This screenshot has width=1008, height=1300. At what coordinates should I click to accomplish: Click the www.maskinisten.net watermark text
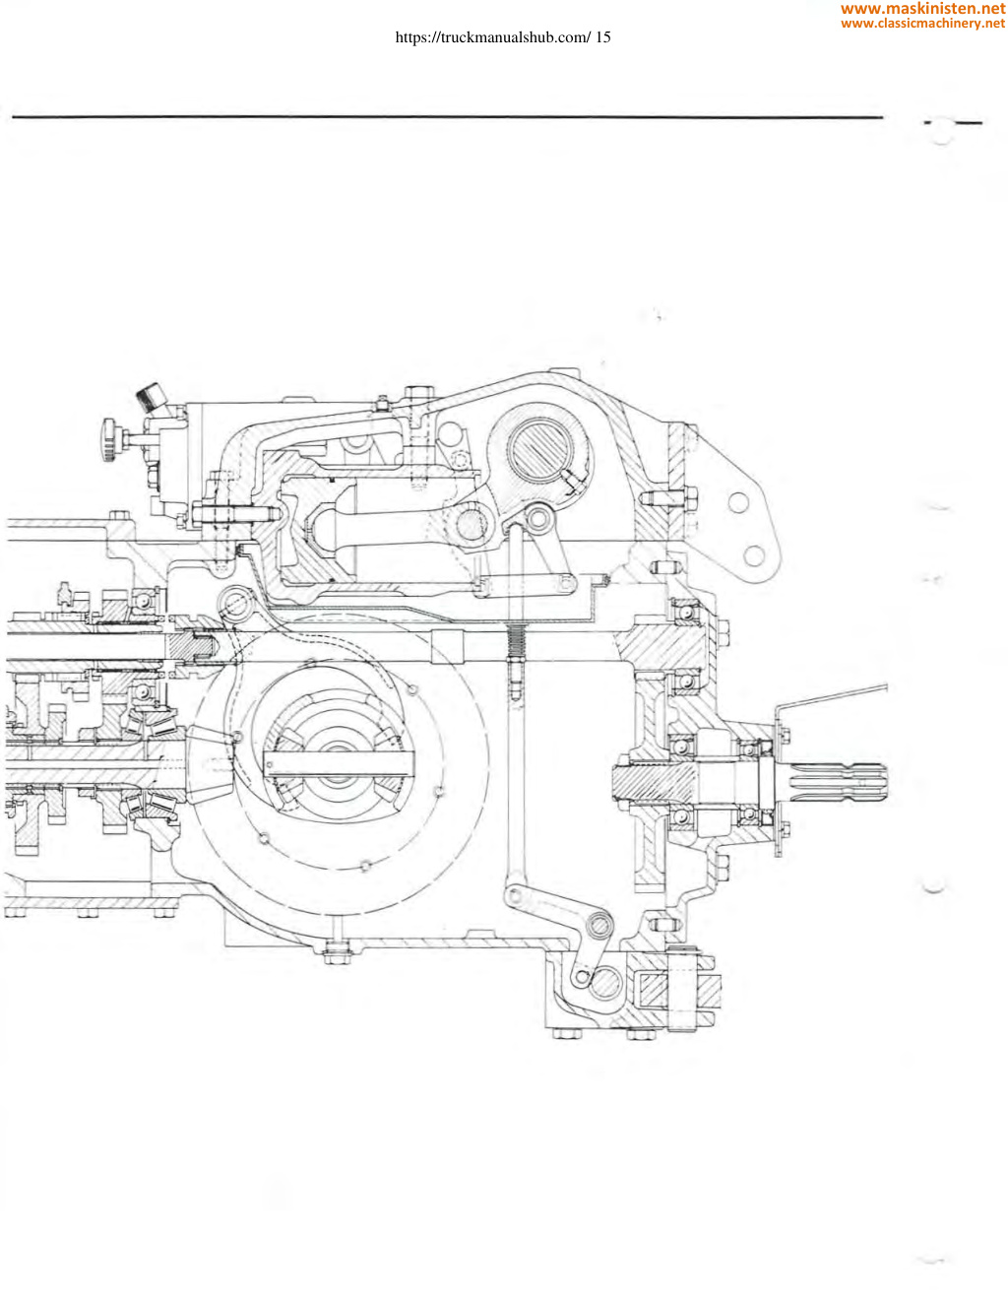922,9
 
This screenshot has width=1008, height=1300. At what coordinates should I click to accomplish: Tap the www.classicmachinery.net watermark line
922,24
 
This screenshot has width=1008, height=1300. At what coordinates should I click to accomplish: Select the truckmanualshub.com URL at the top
492,37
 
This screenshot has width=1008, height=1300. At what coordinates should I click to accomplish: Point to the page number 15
602,37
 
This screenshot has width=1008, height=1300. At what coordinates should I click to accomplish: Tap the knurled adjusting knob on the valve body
109,440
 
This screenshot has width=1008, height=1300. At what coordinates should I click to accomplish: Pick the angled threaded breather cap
150,397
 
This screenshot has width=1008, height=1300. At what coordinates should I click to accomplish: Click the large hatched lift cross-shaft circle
537,449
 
